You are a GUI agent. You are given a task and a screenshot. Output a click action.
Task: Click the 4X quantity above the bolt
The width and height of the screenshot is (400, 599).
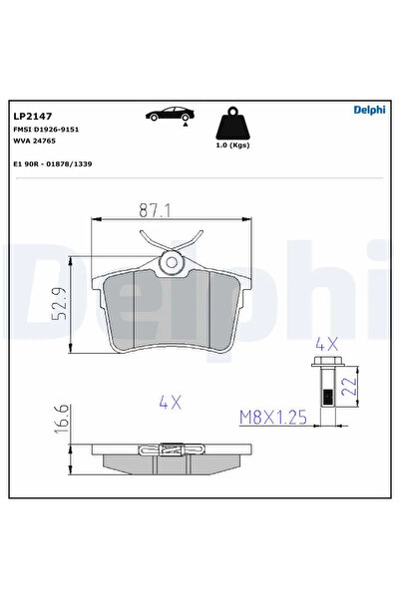click(326, 343)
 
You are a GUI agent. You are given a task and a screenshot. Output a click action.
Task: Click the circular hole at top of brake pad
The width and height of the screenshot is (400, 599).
click(171, 263)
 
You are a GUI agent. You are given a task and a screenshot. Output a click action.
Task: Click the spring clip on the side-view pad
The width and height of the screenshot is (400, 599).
click(171, 451)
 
